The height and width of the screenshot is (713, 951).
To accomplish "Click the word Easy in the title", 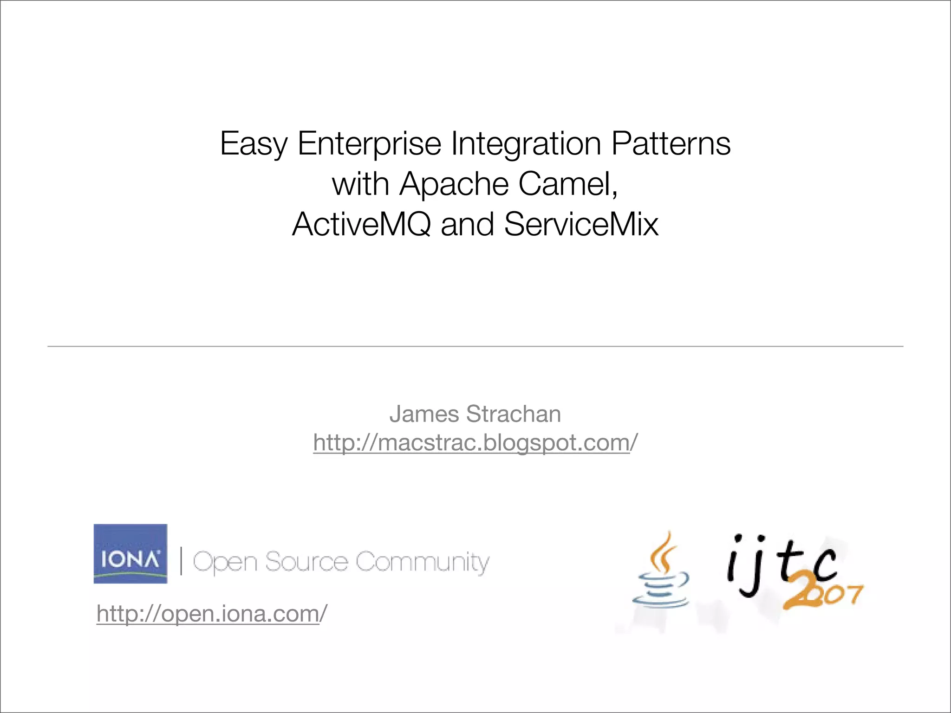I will tap(253, 144).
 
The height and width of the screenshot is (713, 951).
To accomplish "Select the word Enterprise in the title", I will tap(369, 144).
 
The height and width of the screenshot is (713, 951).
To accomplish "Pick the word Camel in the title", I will tap(567, 184).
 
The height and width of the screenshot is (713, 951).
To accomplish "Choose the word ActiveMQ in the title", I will tap(361, 225).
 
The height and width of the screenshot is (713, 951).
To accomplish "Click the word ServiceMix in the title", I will tap(581, 224).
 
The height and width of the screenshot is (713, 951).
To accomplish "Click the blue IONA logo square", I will tap(130, 553).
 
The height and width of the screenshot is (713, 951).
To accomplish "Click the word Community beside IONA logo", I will tap(422, 563).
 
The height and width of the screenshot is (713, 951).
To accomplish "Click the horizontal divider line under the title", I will tap(475, 346).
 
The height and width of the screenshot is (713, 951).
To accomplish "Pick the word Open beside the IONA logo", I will tap(225, 563).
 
